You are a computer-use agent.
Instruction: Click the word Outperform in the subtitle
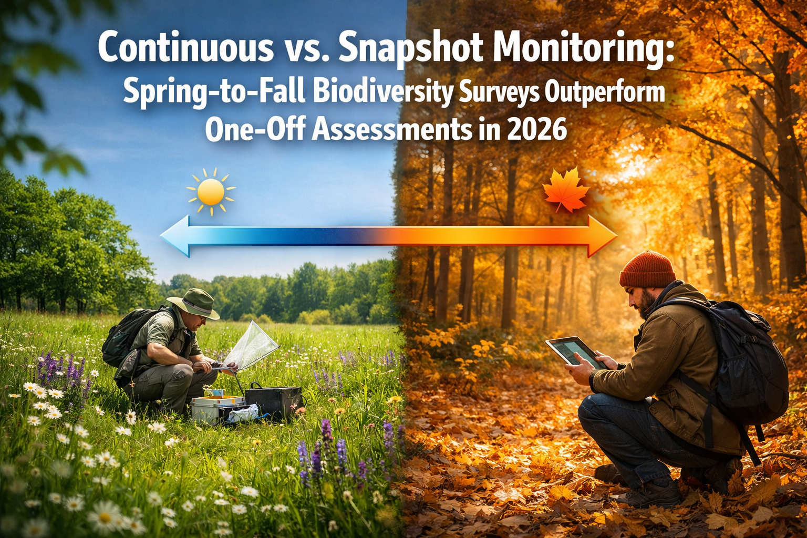604,93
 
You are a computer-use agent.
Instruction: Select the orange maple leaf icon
566,191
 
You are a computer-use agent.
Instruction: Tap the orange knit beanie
647,269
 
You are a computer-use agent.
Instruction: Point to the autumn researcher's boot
651,492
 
